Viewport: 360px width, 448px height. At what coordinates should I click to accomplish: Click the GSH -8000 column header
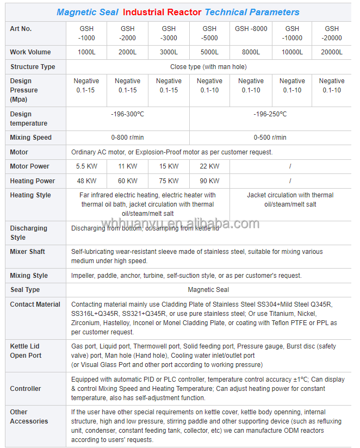pyautogui.click(x=251, y=29)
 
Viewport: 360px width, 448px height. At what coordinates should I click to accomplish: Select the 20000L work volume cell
pyautogui.click(x=332, y=52)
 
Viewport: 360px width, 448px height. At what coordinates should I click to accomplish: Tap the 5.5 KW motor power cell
pyautogui.click(x=87, y=166)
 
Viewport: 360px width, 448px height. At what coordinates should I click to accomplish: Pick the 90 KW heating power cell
pyautogui.click(x=209, y=181)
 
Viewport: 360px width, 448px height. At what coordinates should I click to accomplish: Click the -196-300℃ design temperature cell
pyautogui.click(x=128, y=114)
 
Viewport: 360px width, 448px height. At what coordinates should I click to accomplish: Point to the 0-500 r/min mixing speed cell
pyautogui.click(x=270, y=138)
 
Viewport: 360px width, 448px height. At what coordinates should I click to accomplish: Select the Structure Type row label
pyautogui.click(x=33, y=67)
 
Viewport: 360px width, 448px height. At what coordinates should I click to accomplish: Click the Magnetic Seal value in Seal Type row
pyautogui.click(x=208, y=290)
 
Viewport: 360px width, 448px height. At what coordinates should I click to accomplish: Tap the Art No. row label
pyautogui.click(x=22, y=29)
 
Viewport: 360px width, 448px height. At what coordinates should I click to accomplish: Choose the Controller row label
pyautogui.click(x=26, y=389)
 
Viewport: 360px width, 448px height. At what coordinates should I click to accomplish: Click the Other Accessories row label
pyautogui.click(x=29, y=416)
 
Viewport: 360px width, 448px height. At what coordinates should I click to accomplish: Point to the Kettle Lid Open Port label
pyautogui.click(x=26, y=351)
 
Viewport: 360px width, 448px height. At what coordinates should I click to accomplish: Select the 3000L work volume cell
pyautogui.click(x=169, y=52)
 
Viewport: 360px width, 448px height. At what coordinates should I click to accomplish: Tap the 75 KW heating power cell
pyautogui.click(x=169, y=181)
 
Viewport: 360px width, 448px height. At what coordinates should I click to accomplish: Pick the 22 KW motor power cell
pyautogui.click(x=209, y=166)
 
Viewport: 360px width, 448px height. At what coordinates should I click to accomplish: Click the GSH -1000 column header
pyautogui.click(x=87, y=33)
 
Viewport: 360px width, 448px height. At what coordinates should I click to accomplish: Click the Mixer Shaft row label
pyautogui.click(x=28, y=252)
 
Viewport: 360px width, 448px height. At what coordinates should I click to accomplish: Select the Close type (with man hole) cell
pyautogui.click(x=208, y=67)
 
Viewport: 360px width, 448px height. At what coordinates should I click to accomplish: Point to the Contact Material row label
pyautogui.click(x=35, y=304)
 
